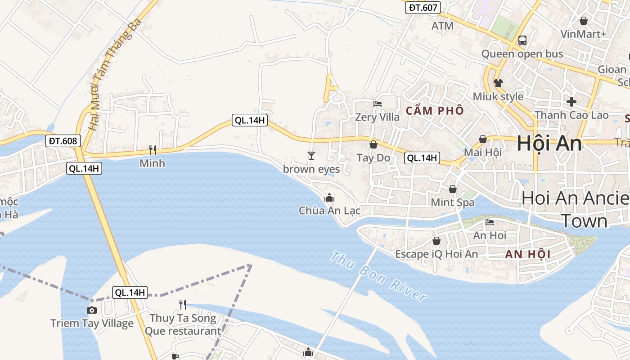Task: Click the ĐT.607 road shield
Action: click(x=423, y=7)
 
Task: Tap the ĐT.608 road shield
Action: click(x=63, y=141)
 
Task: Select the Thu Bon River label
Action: click(x=378, y=277)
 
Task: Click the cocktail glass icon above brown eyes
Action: click(x=311, y=156)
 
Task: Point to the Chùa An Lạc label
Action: click(x=329, y=210)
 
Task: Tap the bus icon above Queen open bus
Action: click(x=522, y=40)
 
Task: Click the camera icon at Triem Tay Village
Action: click(x=91, y=310)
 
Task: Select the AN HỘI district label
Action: click(x=528, y=254)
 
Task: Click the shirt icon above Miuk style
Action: click(x=498, y=83)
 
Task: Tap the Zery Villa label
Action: click(x=377, y=117)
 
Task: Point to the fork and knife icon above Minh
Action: click(x=153, y=150)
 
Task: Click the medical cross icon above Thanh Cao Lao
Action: click(x=571, y=101)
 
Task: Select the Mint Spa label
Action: click(x=453, y=202)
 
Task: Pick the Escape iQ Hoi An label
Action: click(x=436, y=254)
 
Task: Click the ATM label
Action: click(x=442, y=26)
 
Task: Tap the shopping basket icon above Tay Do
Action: click(x=373, y=144)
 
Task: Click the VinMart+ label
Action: click(x=583, y=34)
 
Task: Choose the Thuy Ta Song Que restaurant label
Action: click(x=183, y=324)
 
